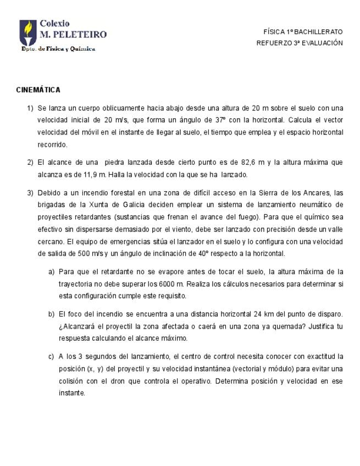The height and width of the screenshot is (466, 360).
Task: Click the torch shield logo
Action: pos(28,33)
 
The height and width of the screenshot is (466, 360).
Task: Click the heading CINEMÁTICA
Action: pos(38,90)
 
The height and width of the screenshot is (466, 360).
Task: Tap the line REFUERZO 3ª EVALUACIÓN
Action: pos(300,43)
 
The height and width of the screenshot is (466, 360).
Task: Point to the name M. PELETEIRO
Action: pos(73,35)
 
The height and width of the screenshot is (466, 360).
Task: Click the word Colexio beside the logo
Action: pos(55,24)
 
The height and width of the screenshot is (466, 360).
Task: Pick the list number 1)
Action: pos(31,108)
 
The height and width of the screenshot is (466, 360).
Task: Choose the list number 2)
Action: pos(31,162)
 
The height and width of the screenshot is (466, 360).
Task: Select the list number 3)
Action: pos(31,192)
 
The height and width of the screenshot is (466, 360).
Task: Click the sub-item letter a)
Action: pos(52,271)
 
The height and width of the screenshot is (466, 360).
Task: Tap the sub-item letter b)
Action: pos(52,314)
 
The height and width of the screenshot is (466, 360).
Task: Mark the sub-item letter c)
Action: pos(52,356)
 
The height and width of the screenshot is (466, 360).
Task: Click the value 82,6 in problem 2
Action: pos(250,162)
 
